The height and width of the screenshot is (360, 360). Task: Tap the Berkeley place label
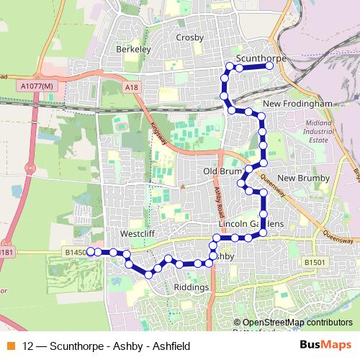[x=133, y=49]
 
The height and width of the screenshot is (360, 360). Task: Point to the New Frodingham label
[x=297, y=104]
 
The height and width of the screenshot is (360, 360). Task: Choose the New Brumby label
[x=303, y=178]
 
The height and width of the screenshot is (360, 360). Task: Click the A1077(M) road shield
[x=37, y=86]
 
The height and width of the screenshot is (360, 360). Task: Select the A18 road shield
[x=130, y=87]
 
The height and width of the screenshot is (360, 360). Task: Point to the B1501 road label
[x=315, y=263]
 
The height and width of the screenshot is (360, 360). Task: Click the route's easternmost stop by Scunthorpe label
[x=269, y=66]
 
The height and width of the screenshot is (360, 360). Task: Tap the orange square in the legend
[x=11, y=346]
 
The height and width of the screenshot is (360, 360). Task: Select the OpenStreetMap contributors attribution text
[x=297, y=323]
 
